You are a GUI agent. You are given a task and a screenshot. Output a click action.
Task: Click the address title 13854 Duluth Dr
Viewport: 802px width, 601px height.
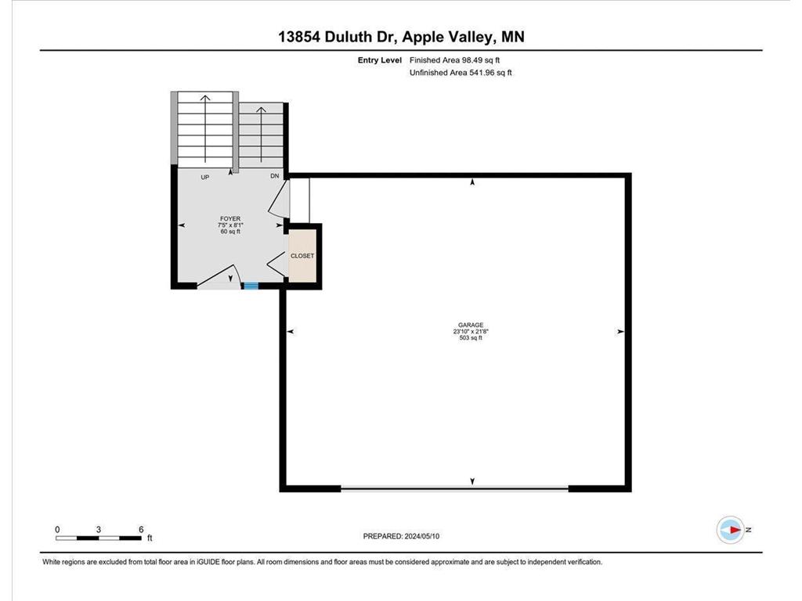pyautogui.click(x=400, y=38)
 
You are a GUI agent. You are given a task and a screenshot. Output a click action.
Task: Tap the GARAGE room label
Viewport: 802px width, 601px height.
pyautogui.click(x=471, y=325)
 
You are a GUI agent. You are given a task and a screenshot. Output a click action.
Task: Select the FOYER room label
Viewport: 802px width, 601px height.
pyautogui.click(x=229, y=219)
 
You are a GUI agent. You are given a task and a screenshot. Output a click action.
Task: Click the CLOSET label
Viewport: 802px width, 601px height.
pyautogui.click(x=302, y=256)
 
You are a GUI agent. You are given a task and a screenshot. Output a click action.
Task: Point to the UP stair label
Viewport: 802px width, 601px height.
pyautogui.click(x=205, y=178)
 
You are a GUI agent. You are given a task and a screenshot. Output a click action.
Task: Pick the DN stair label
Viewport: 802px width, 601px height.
pyautogui.click(x=274, y=177)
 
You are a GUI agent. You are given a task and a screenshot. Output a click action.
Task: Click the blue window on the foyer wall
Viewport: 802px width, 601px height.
pyautogui.click(x=251, y=286)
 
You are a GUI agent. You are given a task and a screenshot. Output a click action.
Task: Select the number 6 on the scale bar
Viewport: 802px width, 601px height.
pyautogui.click(x=140, y=529)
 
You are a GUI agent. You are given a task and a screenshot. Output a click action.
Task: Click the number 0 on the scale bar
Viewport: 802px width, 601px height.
pyautogui.click(x=57, y=529)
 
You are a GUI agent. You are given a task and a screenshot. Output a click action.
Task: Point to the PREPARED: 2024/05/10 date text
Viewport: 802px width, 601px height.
pyautogui.click(x=406, y=536)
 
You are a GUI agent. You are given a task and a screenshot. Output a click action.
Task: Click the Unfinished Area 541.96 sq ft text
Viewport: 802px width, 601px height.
pyautogui.click(x=461, y=73)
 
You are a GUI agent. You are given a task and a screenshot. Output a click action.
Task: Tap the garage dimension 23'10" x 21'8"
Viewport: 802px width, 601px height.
pyautogui.click(x=471, y=332)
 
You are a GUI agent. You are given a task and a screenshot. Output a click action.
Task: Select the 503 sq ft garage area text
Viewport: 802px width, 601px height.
pyautogui.click(x=471, y=338)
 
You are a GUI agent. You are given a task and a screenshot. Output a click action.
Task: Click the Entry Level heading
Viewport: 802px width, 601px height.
pyautogui.click(x=380, y=60)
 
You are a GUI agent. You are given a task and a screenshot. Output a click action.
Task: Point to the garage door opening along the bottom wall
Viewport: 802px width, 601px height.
pyautogui.click(x=454, y=488)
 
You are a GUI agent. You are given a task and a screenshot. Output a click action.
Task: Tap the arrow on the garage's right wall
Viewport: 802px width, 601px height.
pyautogui.click(x=620, y=332)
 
